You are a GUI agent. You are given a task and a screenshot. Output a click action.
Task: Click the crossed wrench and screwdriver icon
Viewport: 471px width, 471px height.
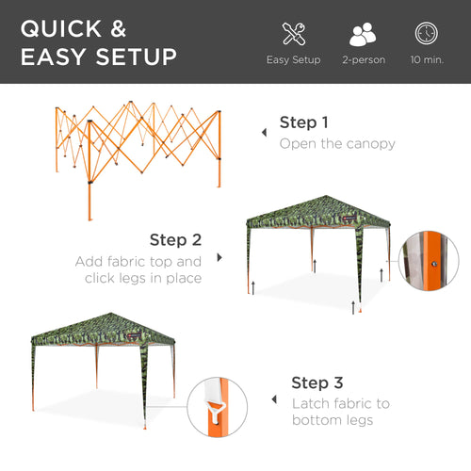click(293, 34)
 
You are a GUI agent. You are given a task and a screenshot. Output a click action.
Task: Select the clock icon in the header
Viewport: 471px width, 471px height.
click(426, 34)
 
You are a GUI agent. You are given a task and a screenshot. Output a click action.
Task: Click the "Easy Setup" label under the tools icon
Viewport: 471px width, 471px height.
click(293, 60)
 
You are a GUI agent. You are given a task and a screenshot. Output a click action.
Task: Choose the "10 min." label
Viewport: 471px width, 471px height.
click(426, 60)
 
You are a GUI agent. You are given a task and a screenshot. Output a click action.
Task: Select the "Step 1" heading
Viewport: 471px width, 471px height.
click(304, 122)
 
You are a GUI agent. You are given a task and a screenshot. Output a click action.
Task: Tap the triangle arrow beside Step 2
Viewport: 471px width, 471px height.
click(219, 256)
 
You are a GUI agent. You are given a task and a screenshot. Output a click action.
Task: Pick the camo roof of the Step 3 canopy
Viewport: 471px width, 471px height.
click(103, 328)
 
